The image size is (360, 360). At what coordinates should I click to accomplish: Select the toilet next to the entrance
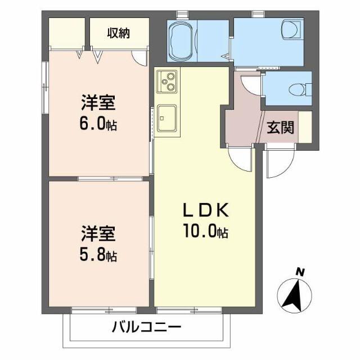298,89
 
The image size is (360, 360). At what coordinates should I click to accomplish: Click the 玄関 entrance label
280,128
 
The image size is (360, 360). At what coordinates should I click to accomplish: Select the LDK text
205,211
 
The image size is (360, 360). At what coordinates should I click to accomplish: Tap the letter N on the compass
301,272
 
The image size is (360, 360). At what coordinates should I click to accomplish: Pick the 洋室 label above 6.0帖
98,103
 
